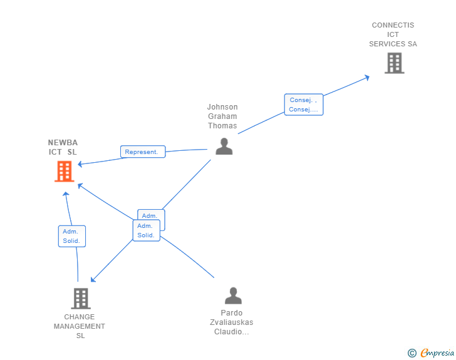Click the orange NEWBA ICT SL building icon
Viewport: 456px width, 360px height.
[x=65, y=171]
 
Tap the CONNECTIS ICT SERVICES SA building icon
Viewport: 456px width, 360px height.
[x=394, y=63]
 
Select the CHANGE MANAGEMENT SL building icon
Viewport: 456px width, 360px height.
[x=80, y=299]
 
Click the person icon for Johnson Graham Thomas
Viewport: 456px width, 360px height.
[x=224, y=147]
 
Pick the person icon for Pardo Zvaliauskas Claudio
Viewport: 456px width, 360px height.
[x=233, y=296]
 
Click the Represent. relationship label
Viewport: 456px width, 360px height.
[x=143, y=152]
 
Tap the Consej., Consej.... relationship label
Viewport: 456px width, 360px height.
[x=304, y=105]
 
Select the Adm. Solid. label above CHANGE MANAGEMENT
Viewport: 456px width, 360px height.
[x=72, y=236]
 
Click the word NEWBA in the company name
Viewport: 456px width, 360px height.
[x=63, y=143]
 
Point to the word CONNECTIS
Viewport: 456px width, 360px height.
[x=393, y=26]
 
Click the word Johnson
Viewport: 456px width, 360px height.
[x=222, y=107]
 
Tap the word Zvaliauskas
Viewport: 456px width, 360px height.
[x=232, y=322]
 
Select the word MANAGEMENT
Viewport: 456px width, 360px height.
[x=80, y=326]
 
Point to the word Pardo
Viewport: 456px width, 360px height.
[x=232, y=313]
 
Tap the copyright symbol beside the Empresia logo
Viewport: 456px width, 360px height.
[x=412, y=353]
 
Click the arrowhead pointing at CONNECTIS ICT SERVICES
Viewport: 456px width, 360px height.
[x=367, y=77]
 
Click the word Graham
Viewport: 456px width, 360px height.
[x=222, y=116]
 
